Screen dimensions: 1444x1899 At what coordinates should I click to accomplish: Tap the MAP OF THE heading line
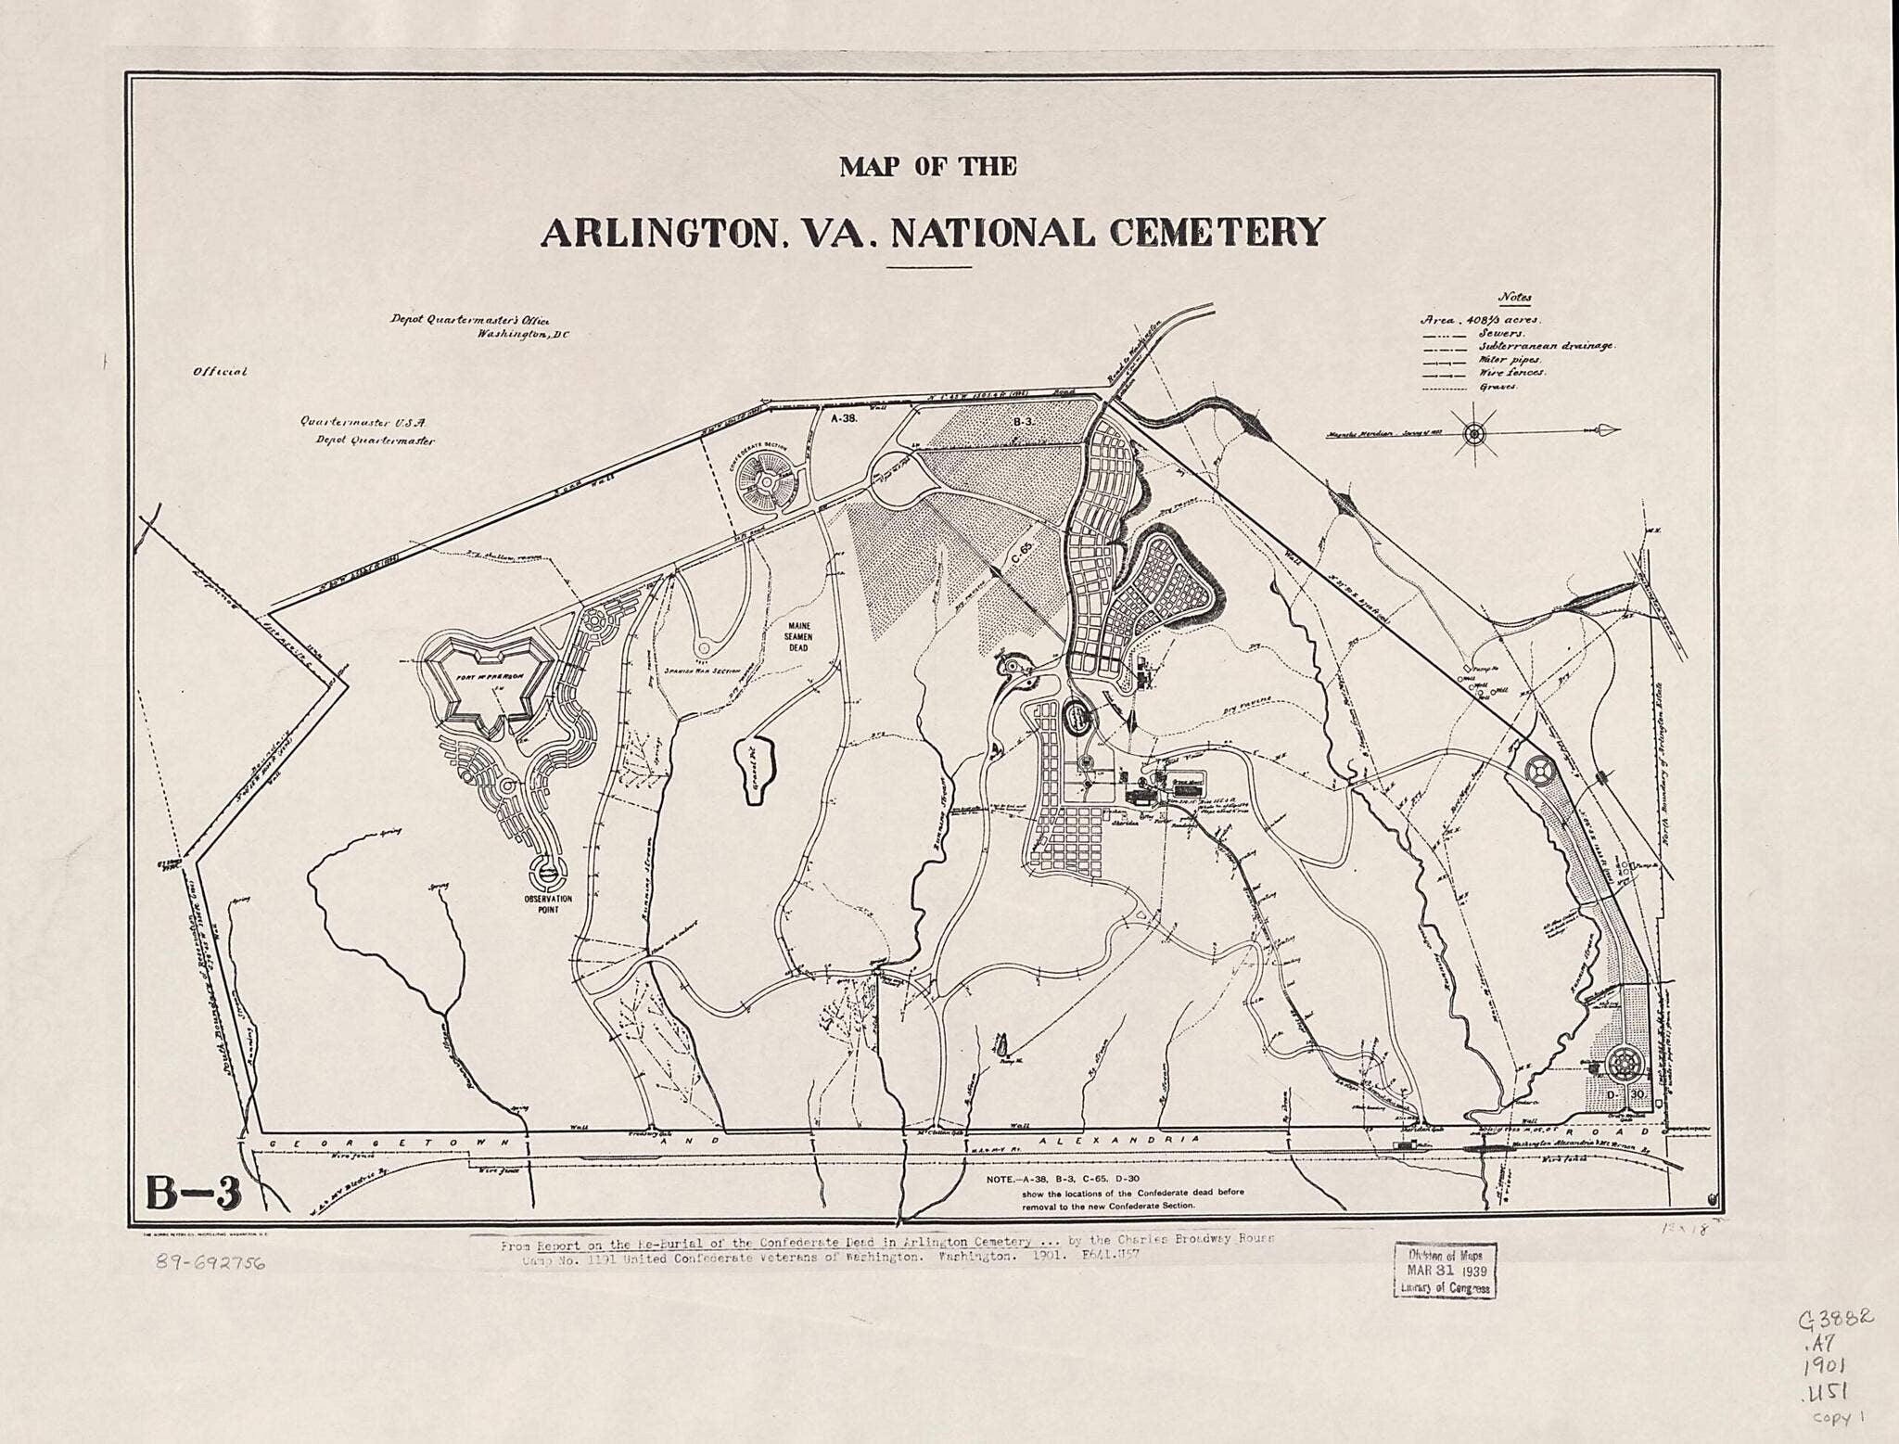pyautogui.click(x=928, y=167)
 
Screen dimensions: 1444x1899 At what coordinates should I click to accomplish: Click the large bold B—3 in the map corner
pyautogui.click(x=194, y=1194)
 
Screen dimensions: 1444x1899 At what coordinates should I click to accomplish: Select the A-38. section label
pyautogui.click(x=845, y=418)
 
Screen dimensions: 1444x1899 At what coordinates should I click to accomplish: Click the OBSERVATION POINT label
pyautogui.click(x=547, y=904)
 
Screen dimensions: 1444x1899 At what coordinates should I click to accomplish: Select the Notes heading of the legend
pyautogui.click(x=1515, y=299)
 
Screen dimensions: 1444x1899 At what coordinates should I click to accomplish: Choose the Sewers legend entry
pyautogui.click(x=1499, y=333)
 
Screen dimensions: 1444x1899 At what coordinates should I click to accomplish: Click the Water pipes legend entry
pyautogui.click(x=1510, y=360)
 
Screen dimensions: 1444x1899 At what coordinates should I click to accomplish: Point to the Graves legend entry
pyautogui.click(x=1498, y=387)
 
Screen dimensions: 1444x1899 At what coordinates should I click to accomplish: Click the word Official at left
pyautogui.click(x=220, y=372)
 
